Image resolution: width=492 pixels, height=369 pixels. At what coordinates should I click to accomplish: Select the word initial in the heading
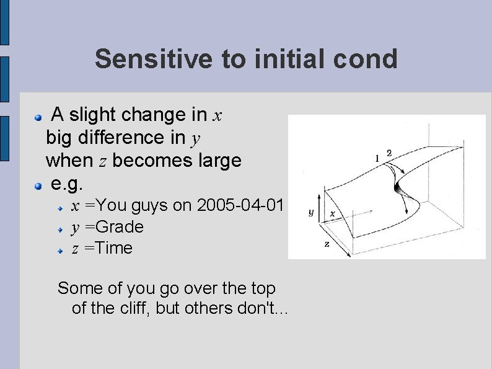tap(279, 59)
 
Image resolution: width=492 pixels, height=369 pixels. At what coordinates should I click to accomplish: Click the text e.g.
tap(66, 184)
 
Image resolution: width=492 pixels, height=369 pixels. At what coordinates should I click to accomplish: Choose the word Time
tap(112, 248)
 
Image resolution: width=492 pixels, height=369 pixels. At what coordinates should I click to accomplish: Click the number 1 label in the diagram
tap(377, 158)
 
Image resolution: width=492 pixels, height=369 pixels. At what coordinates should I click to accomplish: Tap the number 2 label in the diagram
tap(389, 153)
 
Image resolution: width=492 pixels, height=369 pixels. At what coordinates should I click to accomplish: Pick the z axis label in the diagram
tap(327, 244)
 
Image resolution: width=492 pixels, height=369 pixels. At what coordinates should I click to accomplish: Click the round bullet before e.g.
tap(39, 185)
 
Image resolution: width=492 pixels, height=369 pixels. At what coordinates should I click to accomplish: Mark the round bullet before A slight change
tap(39, 116)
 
